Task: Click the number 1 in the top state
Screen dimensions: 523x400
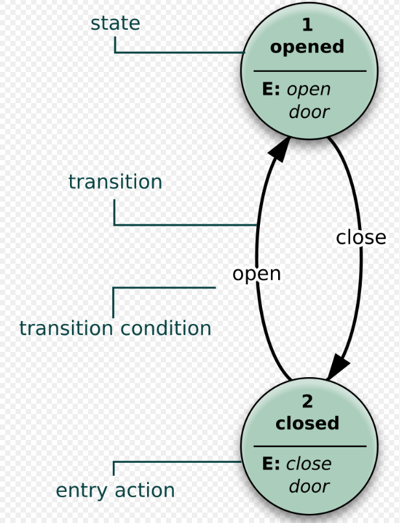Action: tap(307, 25)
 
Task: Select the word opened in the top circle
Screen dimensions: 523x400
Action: tap(307, 47)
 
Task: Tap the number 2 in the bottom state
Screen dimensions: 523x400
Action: tap(307, 401)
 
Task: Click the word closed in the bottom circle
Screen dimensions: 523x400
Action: tap(307, 423)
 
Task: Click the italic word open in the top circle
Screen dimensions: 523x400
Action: tap(309, 90)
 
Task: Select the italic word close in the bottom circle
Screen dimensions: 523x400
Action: tap(309, 464)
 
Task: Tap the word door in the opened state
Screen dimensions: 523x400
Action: tap(309, 111)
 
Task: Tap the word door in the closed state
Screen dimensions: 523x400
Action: tap(309, 486)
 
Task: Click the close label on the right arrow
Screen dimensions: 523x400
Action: tap(360, 238)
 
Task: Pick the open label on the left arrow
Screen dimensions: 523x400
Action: tap(257, 273)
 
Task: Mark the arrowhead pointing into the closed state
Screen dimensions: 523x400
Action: tap(338, 368)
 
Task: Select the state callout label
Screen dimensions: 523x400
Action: tap(115, 23)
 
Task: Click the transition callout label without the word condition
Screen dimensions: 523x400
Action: tap(115, 182)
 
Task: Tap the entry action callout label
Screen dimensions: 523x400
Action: tap(115, 490)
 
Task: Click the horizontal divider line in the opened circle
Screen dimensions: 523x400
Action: tap(309, 71)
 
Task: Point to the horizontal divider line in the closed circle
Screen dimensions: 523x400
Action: tap(309, 446)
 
